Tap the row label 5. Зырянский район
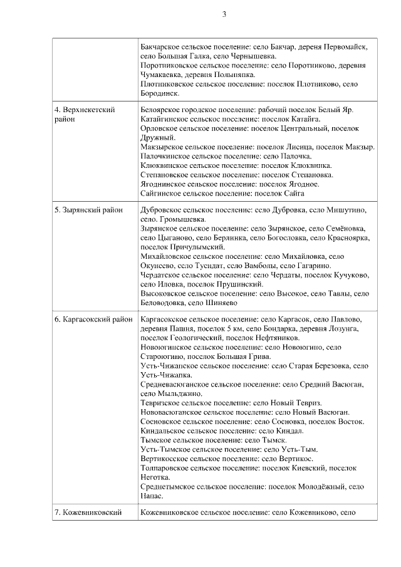tap(88, 211)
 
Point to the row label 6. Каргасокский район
tap(93, 320)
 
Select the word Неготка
tap(157, 477)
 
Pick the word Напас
tap(152, 496)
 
